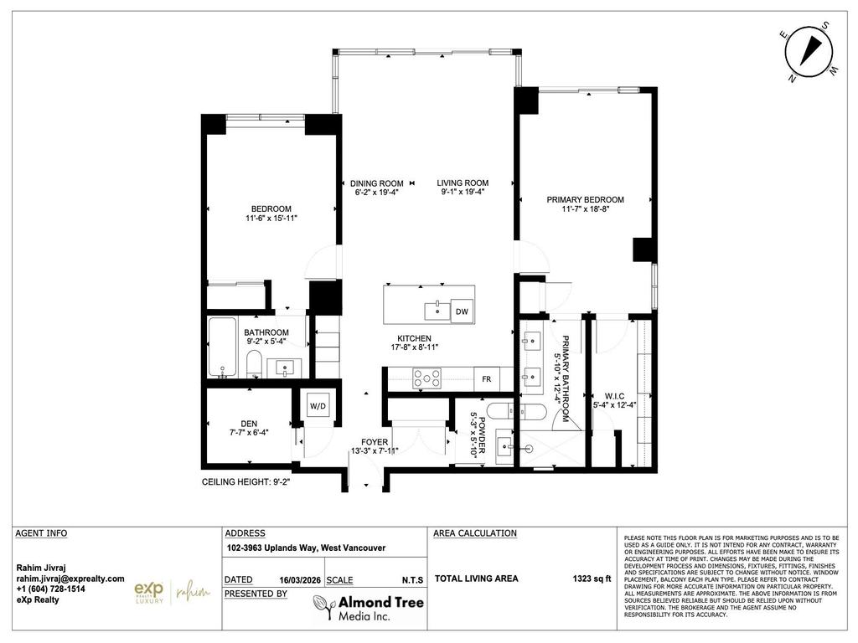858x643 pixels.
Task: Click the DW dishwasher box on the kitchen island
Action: click(461, 311)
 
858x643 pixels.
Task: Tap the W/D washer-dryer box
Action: click(318, 406)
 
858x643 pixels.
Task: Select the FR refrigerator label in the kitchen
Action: click(486, 378)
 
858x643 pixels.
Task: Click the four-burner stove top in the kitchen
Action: click(427, 378)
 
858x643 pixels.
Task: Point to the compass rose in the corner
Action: click(810, 52)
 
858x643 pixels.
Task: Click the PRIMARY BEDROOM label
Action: click(585, 199)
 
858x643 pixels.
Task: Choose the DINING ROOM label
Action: click(376, 183)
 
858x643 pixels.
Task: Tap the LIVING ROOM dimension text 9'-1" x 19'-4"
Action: click(464, 192)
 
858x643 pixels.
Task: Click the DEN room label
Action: click(249, 424)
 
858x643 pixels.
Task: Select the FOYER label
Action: click(375, 441)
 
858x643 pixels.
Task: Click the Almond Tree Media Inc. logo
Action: click(368, 607)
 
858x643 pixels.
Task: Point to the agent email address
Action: click(70, 579)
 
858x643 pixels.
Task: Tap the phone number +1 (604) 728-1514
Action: click(51, 589)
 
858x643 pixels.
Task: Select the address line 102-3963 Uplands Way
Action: click(306, 548)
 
